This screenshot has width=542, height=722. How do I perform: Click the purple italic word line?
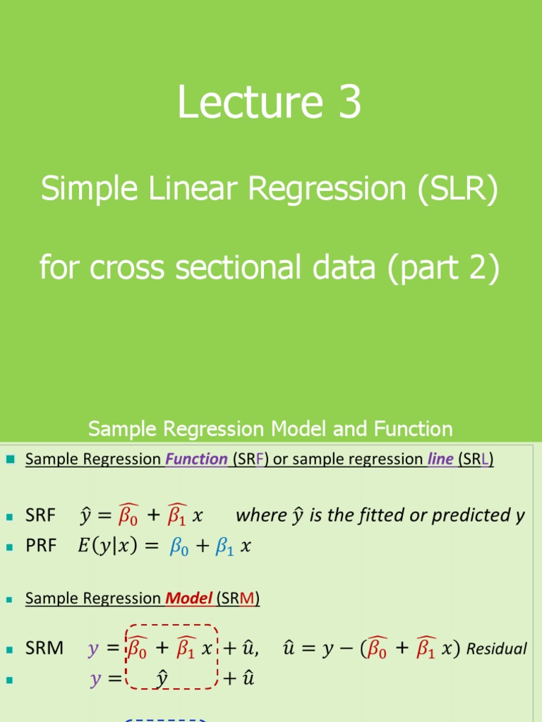(x=440, y=460)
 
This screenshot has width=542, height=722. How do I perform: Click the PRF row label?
(x=40, y=546)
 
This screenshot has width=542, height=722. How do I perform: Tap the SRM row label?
(x=44, y=648)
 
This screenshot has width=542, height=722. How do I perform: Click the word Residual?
(x=497, y=649)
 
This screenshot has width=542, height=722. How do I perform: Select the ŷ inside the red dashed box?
(x=162, y=679)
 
